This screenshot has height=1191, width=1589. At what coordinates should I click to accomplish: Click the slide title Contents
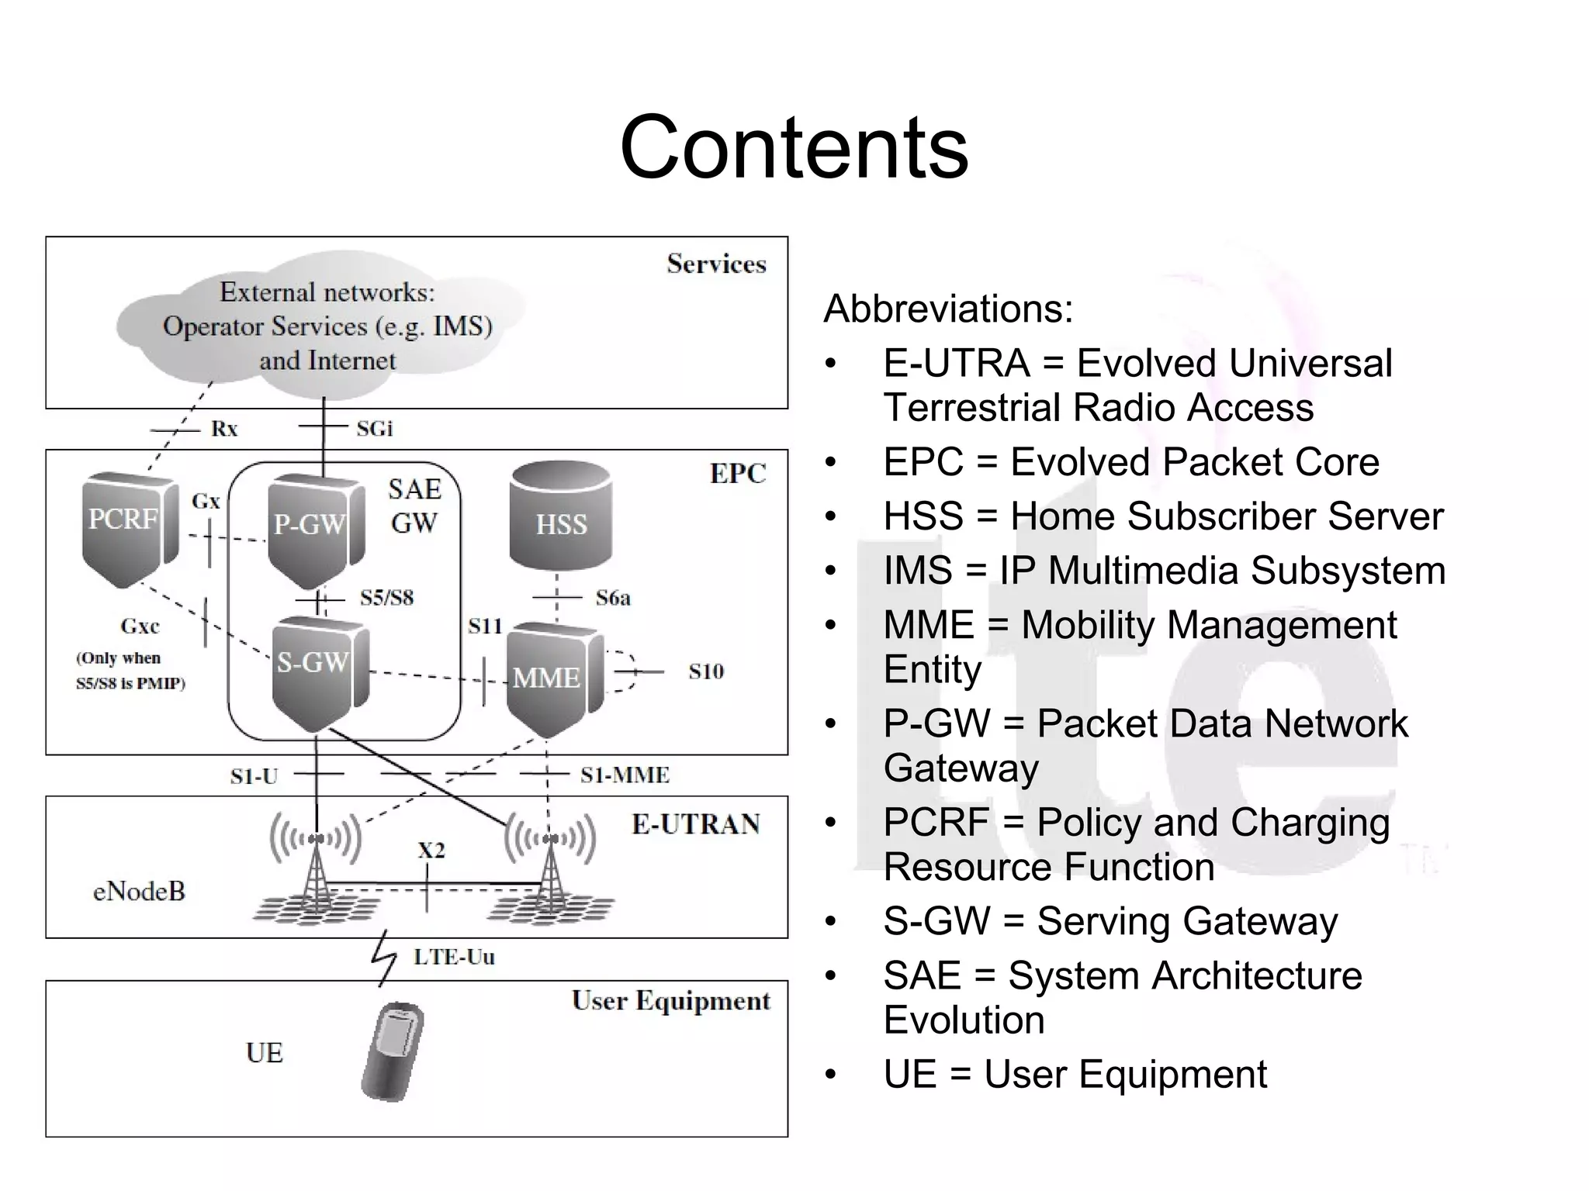(x=794, y=147)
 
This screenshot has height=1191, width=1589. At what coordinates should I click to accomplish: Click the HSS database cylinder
(x=560, y=516)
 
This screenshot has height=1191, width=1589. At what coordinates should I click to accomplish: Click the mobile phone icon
(x=393, y=1051)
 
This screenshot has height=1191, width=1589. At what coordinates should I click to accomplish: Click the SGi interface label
(x=374, y=429)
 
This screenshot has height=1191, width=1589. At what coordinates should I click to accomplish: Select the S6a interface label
(x=612, y=598)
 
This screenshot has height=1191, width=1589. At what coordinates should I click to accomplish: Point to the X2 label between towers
(x=431, y=851)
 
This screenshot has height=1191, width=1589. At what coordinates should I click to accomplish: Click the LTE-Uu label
(x=454, y=957)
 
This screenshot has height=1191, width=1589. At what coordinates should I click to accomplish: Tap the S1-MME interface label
(x=625, y=775)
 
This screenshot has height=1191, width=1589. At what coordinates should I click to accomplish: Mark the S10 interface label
(x=705, y=671)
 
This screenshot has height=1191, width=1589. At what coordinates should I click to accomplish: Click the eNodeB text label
(x=139, y=892)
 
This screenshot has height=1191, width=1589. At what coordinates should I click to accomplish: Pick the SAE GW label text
(x=414, y=506)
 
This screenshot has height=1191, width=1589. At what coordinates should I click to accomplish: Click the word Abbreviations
(x=948, y=309)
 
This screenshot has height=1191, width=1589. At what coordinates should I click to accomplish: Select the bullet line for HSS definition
(x=1162, y=516)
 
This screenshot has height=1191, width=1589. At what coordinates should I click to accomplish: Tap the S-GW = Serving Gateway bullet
(x=1110, y=921)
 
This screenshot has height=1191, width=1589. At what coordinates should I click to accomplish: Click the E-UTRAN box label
(x=695, y=824)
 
